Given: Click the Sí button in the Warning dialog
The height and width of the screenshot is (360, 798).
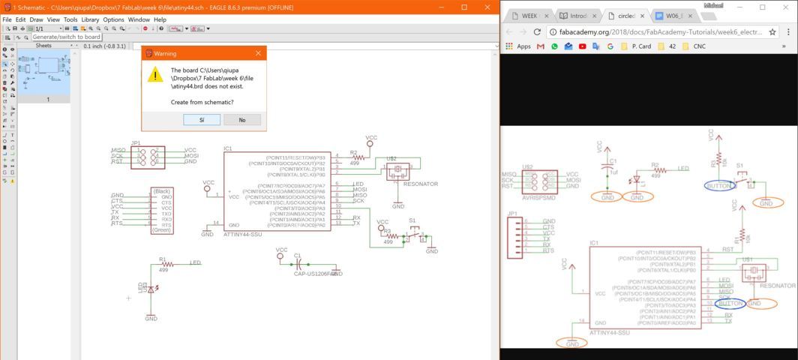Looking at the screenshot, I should [x=201, y=120].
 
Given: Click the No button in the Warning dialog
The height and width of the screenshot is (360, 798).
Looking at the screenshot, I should [x=241, y=120].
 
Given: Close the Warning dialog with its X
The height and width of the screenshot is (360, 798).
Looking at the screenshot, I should [x=258, y=53].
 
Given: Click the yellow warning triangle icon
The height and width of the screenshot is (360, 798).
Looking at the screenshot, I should [x=155, y=74].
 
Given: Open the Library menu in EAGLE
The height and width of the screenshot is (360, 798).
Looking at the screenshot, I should [x=90, y=19].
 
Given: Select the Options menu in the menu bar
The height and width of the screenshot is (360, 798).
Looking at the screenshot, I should [x=113, y=19].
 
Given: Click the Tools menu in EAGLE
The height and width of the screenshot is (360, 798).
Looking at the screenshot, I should [x=70, y=19].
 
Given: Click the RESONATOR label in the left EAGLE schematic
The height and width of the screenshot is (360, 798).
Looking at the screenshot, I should [x=420, y=184].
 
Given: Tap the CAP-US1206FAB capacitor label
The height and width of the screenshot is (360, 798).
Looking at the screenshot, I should [x=313, y=274].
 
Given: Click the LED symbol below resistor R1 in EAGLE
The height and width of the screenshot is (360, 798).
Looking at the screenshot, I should [x=151, y=289].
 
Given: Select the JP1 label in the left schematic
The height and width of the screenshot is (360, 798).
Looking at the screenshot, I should [x=136, y=142].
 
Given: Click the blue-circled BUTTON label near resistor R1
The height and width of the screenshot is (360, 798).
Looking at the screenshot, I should [x=719, y=185].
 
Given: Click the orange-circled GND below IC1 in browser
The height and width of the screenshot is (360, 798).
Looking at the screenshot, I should [x=572, y=343].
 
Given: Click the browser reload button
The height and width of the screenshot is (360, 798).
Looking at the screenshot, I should [x=537, y=32].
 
